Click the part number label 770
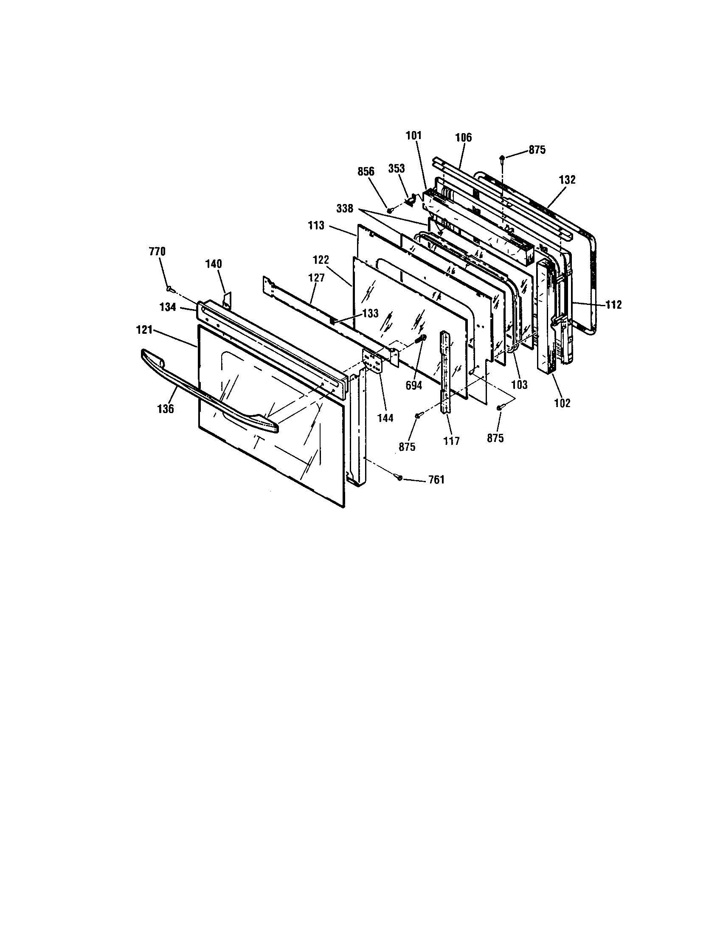click(x=157, y=251)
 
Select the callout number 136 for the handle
click(x=165, y=409)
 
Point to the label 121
click(x=145, y=330)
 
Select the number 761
click(x=436, y=480)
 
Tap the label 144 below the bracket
click(x=385, y=418)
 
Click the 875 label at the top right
click(x=537, y=151)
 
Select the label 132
click(x=567, y=180)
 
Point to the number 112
click(x=613, y=304)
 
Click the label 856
click(x=366, y=172)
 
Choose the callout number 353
click(x=397, y=168)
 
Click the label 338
click(x=345, y=209)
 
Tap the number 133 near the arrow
click(x=370, y=313)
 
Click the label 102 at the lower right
click(x=562, y=402)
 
